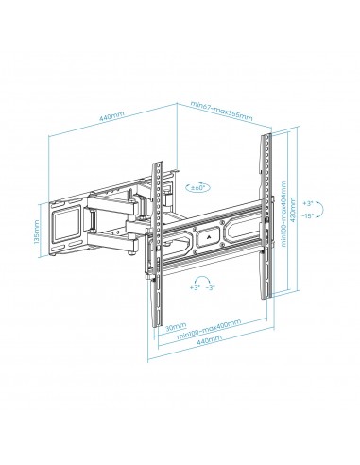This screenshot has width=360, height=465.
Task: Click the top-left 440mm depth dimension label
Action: pos(112,116)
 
